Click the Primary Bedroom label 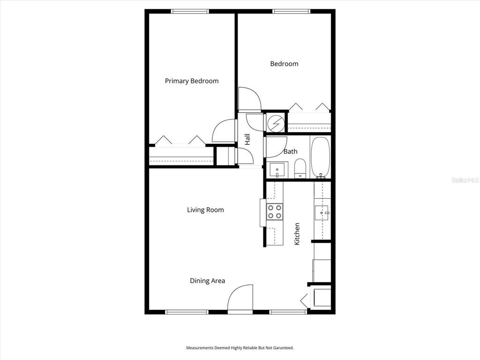click(191, 81)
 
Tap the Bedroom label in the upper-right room click(284, 64)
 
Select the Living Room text click(205, 210)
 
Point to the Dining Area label click(207, 281)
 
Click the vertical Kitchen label click(297, 234)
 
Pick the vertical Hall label click(247, 139)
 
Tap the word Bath click(291, 151)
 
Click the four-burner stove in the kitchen click(275, 212)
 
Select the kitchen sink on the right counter click(322, 213)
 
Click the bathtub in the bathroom click(321, 157)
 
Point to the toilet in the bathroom click(300, 168)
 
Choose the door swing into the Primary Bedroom click(225, 131)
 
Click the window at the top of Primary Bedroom click(190, 11)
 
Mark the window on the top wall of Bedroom click(291, 11)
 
